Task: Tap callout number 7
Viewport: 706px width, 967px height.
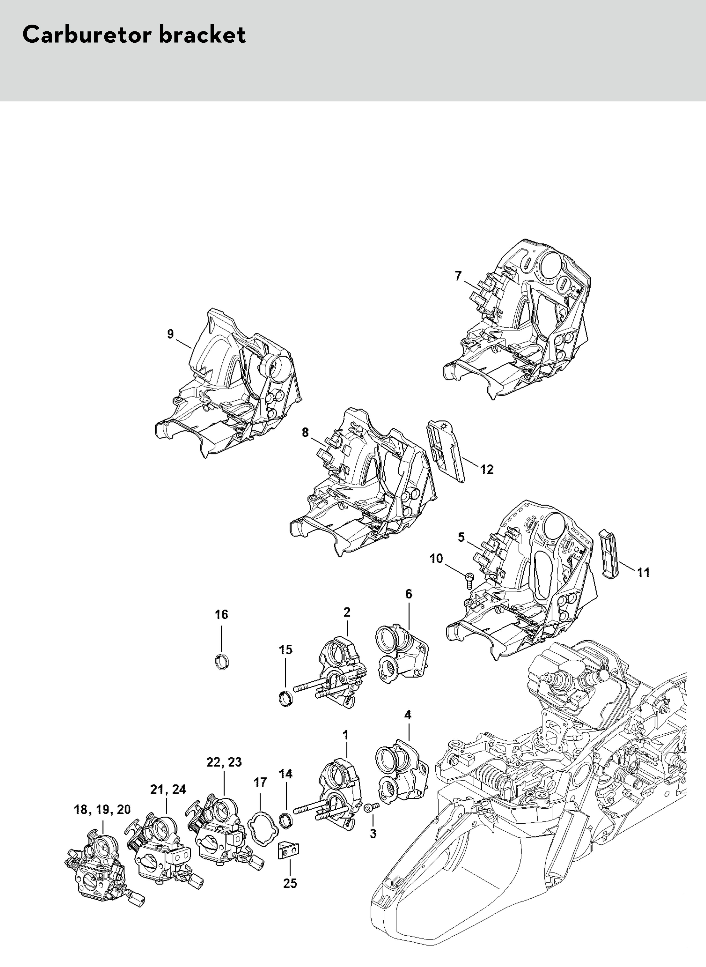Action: pos(458,276)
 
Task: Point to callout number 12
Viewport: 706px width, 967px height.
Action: pos(487,469)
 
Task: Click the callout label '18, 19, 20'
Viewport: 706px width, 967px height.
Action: pos(103,810)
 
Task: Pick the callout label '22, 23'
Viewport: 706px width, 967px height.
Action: pos(224,762)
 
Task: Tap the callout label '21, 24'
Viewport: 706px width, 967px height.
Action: pos(168,789)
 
